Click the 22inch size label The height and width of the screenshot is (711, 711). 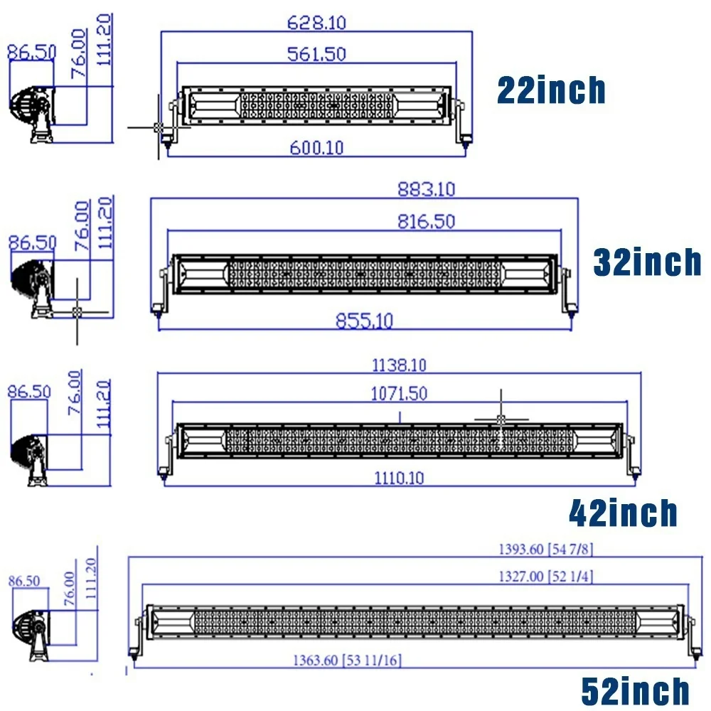(x=551, y=90)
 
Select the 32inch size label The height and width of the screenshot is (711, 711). (x=647, y=262)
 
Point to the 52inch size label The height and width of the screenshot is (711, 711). (x=635, y=691)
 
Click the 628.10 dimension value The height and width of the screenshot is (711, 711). (x=316, y=22)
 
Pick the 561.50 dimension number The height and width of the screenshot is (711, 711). (x=316, y=54)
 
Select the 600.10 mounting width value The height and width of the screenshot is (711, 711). (x=316, y=147)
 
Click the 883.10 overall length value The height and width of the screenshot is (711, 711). (x=426, y=189)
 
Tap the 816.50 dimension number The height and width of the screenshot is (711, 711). (x=426, y=221)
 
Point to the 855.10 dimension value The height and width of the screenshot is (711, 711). (x=364, y=321)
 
